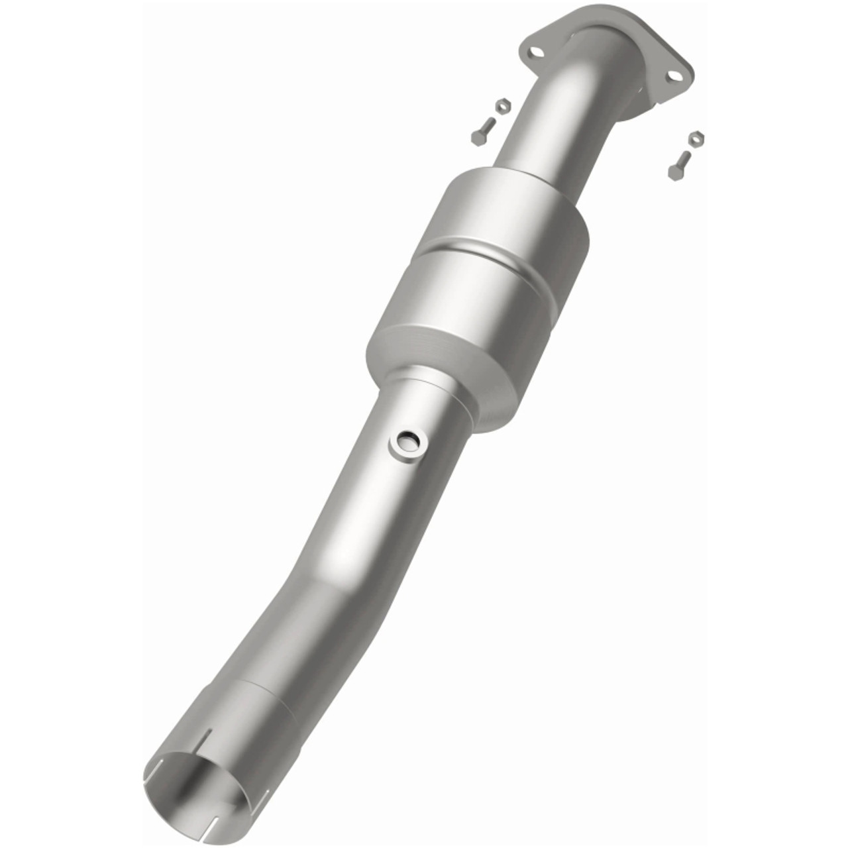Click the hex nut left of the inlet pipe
pyautogui.click(x=503, y=105)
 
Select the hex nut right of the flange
pyautogui.click(x=695, y=138)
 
